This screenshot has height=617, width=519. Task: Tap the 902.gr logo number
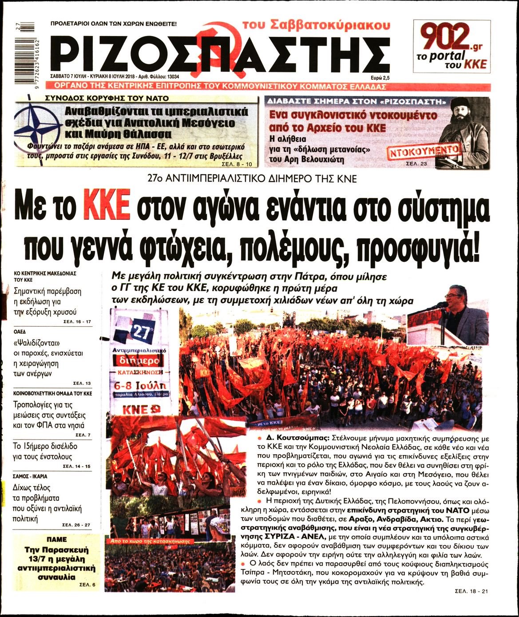pos(445,37)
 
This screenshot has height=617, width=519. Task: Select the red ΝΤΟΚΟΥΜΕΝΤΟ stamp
pos(424,152)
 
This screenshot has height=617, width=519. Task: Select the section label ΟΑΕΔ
pos(20,332)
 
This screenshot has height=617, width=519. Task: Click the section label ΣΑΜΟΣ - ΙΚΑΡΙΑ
pos(30,476)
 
